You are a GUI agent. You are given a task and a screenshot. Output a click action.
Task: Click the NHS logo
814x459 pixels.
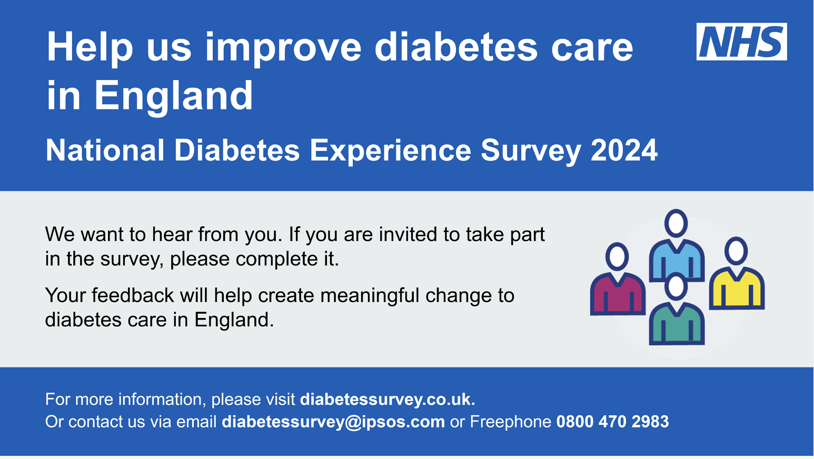pyautogui.click(x=741, y=42)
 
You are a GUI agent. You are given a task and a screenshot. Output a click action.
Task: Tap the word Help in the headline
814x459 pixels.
pyautogui.click(x=90, y=48)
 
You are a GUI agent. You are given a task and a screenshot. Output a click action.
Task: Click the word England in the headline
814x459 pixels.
pyautogui.click(x=174, y=96)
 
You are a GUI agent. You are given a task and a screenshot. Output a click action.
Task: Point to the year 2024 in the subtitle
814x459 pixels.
pyautogui.click(x=624, y=151)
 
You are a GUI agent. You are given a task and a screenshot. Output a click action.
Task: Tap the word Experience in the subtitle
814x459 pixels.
pyautogui.click(x=390, y=151)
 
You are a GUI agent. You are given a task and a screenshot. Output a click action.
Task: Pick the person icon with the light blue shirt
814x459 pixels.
pyautogui.click(x=676, y=258)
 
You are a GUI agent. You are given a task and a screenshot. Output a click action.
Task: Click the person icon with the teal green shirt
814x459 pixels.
pyautogui.click(x=677, y=321)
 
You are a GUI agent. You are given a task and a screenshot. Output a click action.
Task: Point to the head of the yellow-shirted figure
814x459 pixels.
pyautogui.click(x=737, y=251)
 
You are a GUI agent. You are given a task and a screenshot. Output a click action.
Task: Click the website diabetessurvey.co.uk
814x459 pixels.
pyautogui.click(x=388, y=400)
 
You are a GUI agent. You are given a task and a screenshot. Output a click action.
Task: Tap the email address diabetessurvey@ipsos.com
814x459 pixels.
pyautogui.click(x=333, y=422)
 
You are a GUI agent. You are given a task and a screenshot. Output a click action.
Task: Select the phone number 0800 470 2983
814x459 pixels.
pyautogui.click(x=612, y=422)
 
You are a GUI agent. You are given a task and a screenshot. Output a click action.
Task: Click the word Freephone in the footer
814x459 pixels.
pyautogui.click(x=510, y=422)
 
